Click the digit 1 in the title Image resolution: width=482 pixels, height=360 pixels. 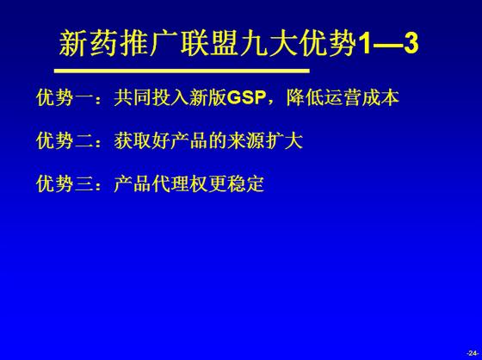pyautogui.click(x=366, y=44)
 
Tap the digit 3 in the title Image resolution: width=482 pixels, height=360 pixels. pyautogui.click(x=411, y=44)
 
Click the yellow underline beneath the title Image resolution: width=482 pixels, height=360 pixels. pyautogui.click(x=182, y=71)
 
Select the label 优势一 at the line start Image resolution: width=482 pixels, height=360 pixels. pyautogui.click(x=65, y=98)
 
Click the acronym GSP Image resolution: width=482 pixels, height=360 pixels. pyautogui.click(x=246, y=98)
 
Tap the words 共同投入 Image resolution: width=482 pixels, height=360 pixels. pyautogui.click(x=151, y=98)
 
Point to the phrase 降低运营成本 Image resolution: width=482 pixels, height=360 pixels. pyautogui.click(x=343, y=98)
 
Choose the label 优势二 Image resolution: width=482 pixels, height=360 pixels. pyautogui.click(x=65, y=141)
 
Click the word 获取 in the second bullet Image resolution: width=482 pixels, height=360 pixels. pyautogui.click(x=133, y=141)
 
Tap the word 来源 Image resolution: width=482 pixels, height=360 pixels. pyautogui.click(x=246, y=141)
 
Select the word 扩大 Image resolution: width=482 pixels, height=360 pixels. pyautogui.click(x=284, y=141)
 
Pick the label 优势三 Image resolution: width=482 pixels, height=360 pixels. pyautogui.click(x=65, y=184)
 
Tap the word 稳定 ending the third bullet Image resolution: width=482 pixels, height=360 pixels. pyautogui.click(x=245, y=184)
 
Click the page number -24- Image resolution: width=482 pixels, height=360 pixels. pyautogui.click(x=473, y=353)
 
